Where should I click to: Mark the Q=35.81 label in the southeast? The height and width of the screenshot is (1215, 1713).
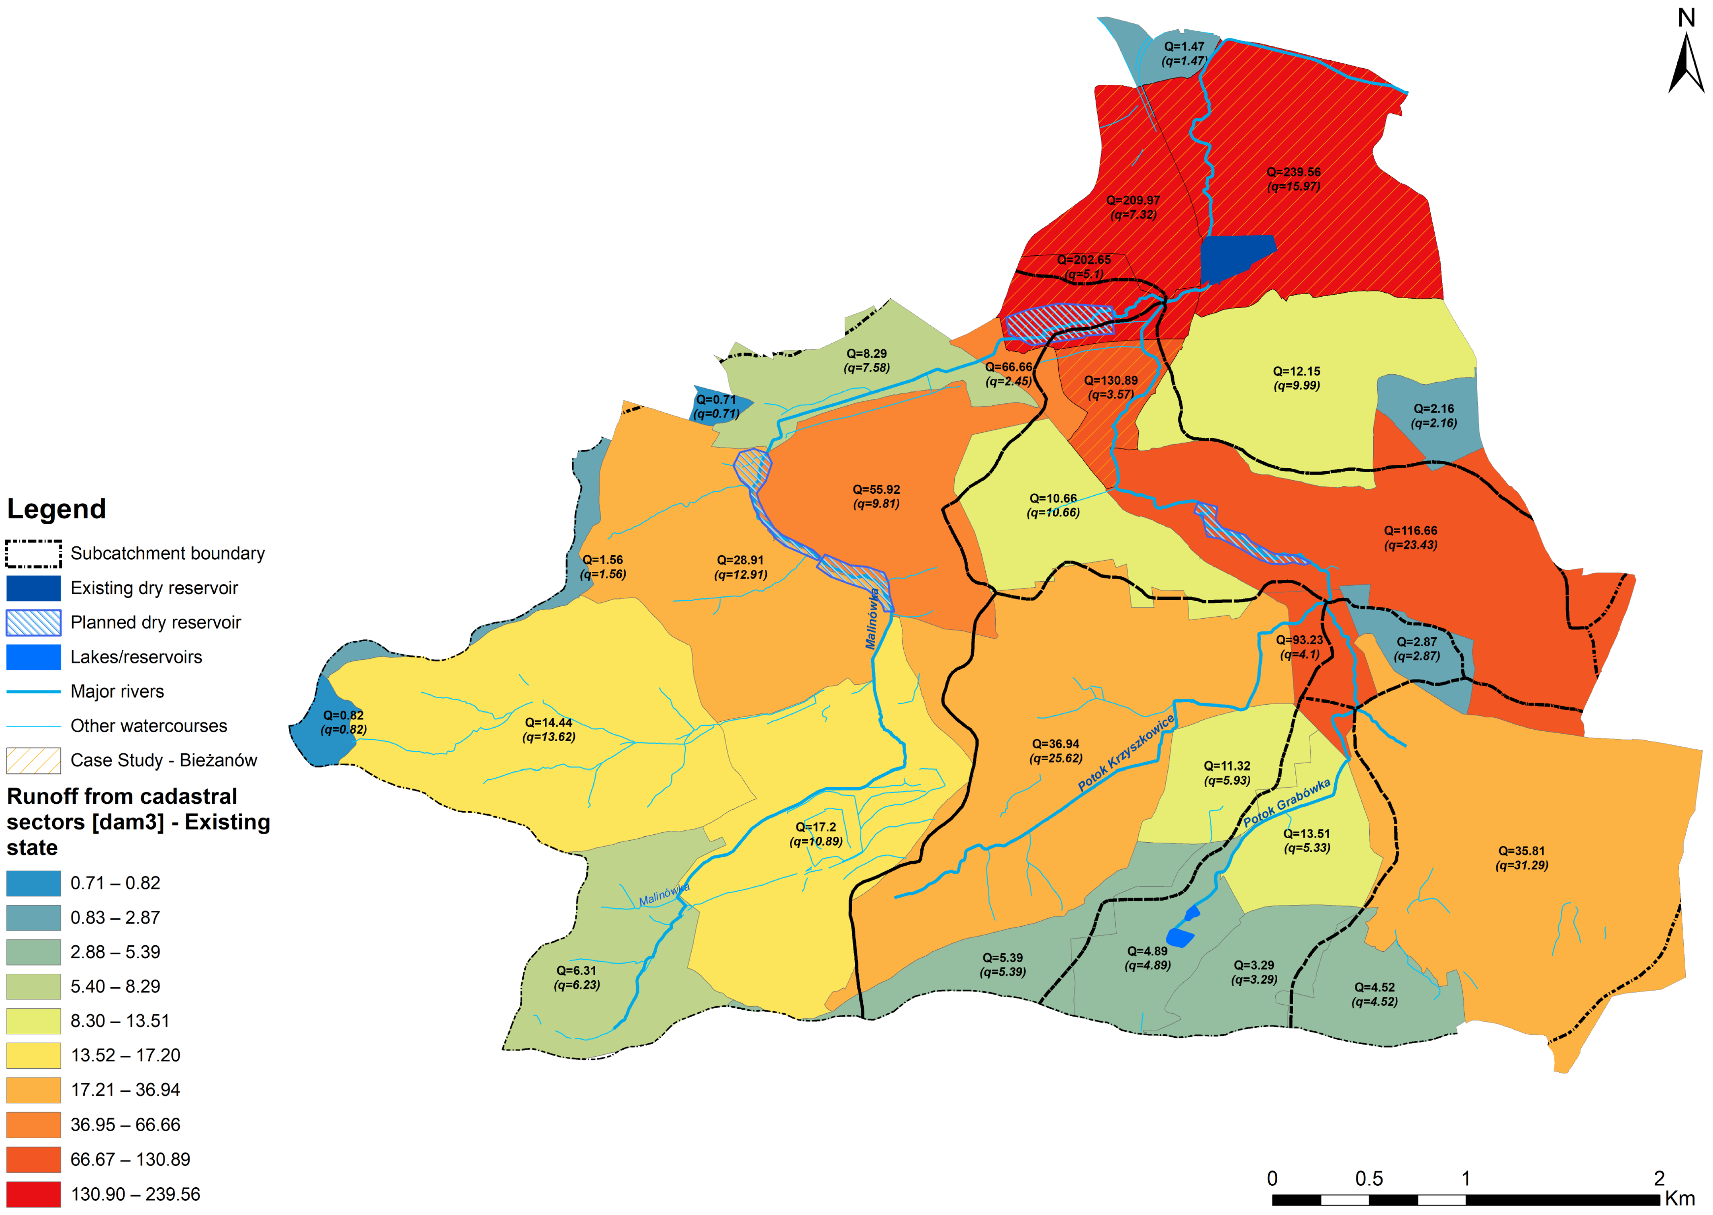(x=1521, y=851)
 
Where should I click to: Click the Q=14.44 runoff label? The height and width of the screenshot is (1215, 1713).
(x=548, y=723)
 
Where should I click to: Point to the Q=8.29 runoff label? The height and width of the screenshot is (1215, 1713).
(x=866, y=354)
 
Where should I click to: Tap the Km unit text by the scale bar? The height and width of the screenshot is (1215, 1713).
(x=1680, y=1198)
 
